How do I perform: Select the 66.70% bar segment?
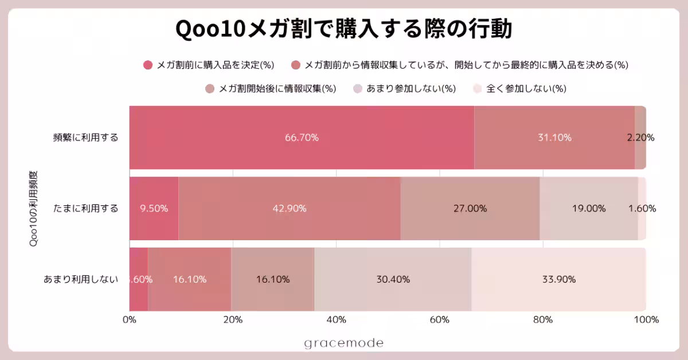[x=302, y=138]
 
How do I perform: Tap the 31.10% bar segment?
[x=554, y=138]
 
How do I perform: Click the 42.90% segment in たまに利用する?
[x=289, y=209]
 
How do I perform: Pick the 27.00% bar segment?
[x=470, y=209]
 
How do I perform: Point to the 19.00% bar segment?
[x=588, y=209]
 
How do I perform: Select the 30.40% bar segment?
[x=393, y=280]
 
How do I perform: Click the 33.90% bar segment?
[x=558, y=280]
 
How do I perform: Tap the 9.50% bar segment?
[x=154, y=209]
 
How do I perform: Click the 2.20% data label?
[x=640, y=138]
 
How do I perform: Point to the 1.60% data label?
[x=642, y=209]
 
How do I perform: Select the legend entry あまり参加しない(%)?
[x=404, y=89]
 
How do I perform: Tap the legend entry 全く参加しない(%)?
[x=519, y=89]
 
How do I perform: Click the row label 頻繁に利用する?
[x=85, y=138]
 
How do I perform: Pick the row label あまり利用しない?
[x=81, y=280]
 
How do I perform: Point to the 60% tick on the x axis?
[x=439, y=320]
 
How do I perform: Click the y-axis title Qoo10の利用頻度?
[x=33, y=209]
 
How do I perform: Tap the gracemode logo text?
[x=343, y=343]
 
